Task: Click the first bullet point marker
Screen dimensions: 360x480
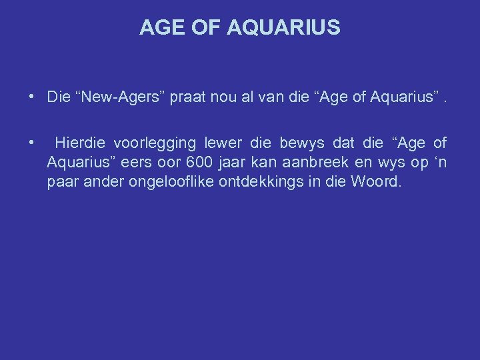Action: tap(32, 97)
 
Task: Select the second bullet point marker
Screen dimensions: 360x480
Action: tap(32, 142)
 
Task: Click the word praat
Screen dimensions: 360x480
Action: tap(189, 97)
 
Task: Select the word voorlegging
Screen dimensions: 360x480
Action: tap(155, 143)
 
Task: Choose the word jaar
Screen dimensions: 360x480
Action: tap(235, 163)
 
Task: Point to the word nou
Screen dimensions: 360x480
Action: tap(226, 97)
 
